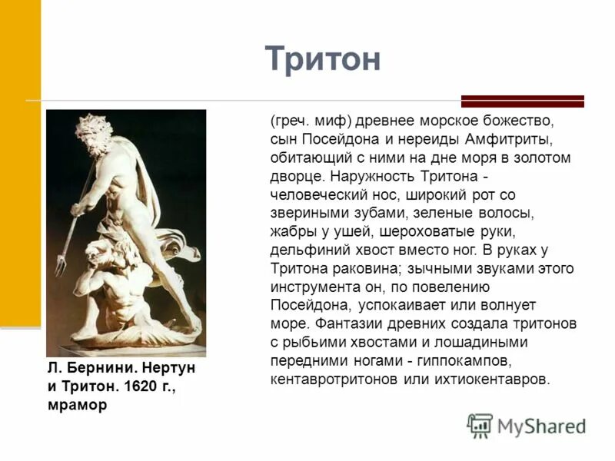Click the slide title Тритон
[x=323, y=59]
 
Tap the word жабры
[x=289, y=231]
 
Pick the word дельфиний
[x=306, y=250]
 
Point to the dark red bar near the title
[x=522, y=101]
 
